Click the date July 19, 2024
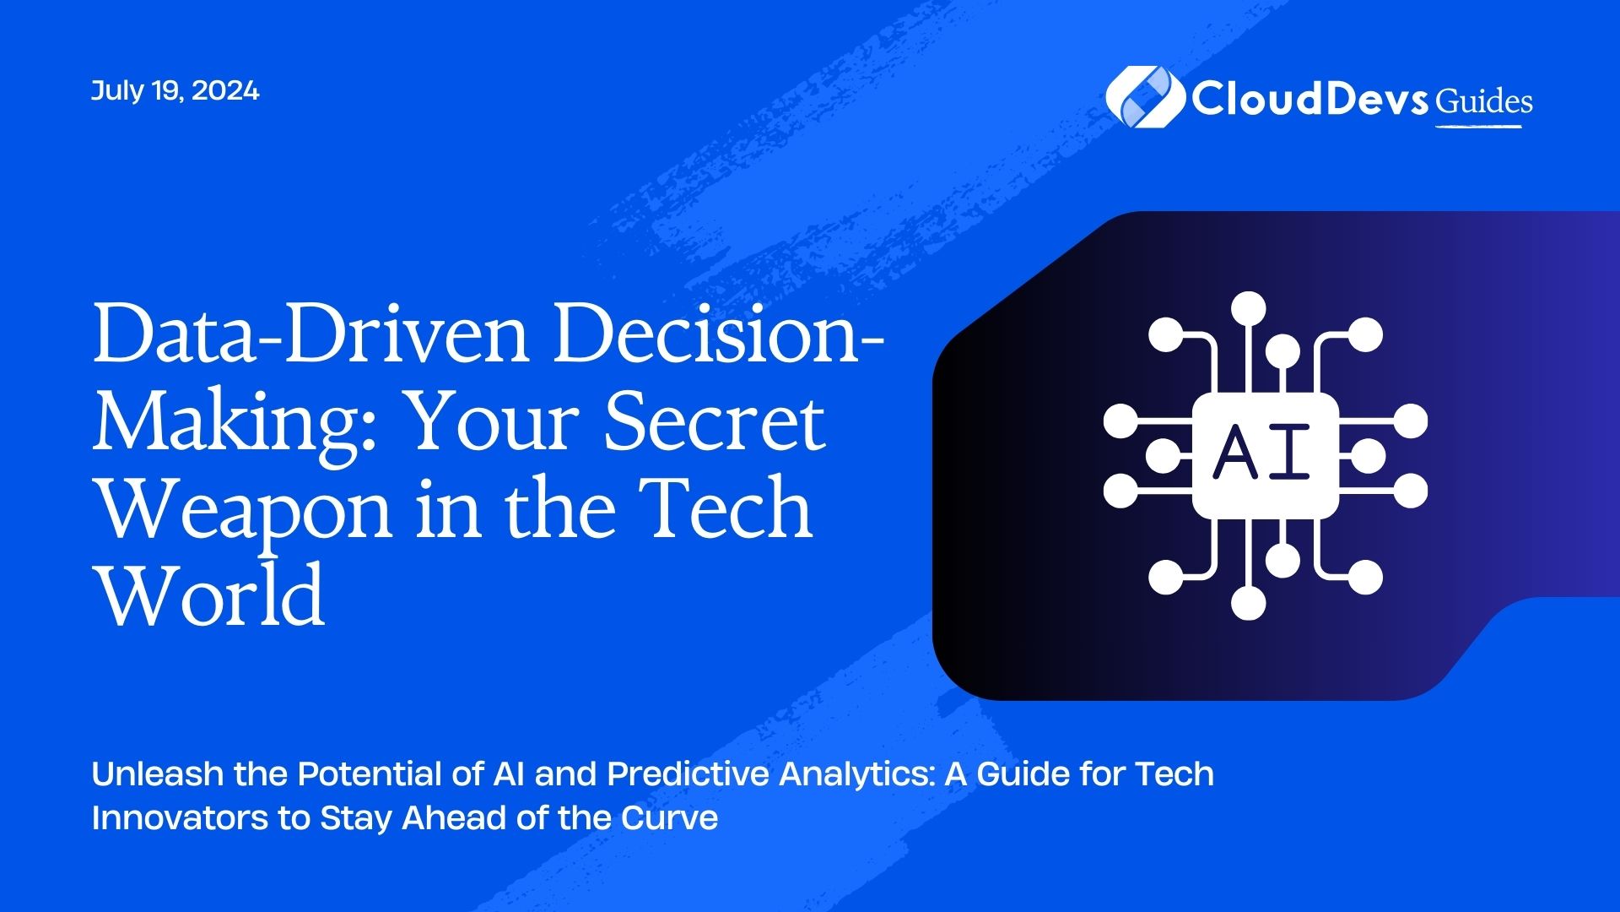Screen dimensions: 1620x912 click(x=175, y=90)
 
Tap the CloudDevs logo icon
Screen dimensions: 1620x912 click(x=1143, y=97)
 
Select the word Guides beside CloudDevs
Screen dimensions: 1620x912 click(x=1484, y=102)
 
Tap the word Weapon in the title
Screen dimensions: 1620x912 click(x=246, y=512)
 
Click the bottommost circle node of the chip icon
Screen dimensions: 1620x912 click(x=1249, y=602)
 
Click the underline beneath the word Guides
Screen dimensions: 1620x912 click(x=1478, y=127)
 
